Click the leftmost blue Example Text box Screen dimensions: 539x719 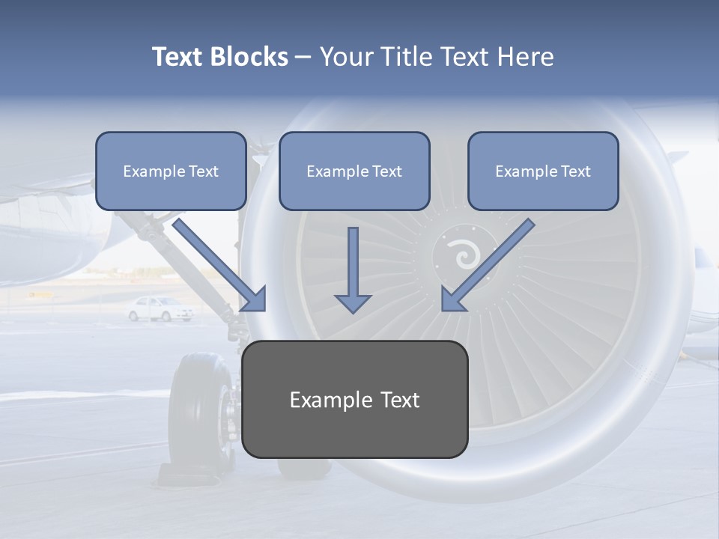[171, 171]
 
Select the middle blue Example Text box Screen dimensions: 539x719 [354, 171]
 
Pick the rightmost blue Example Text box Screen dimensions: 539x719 [543, 171]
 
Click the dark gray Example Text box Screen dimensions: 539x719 [355, 399]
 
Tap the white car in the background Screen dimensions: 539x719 [160, 308]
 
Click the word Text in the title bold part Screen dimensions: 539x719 [178, 57]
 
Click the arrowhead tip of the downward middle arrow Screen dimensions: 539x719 [353, 311]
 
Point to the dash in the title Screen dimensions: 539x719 [304, 57]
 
